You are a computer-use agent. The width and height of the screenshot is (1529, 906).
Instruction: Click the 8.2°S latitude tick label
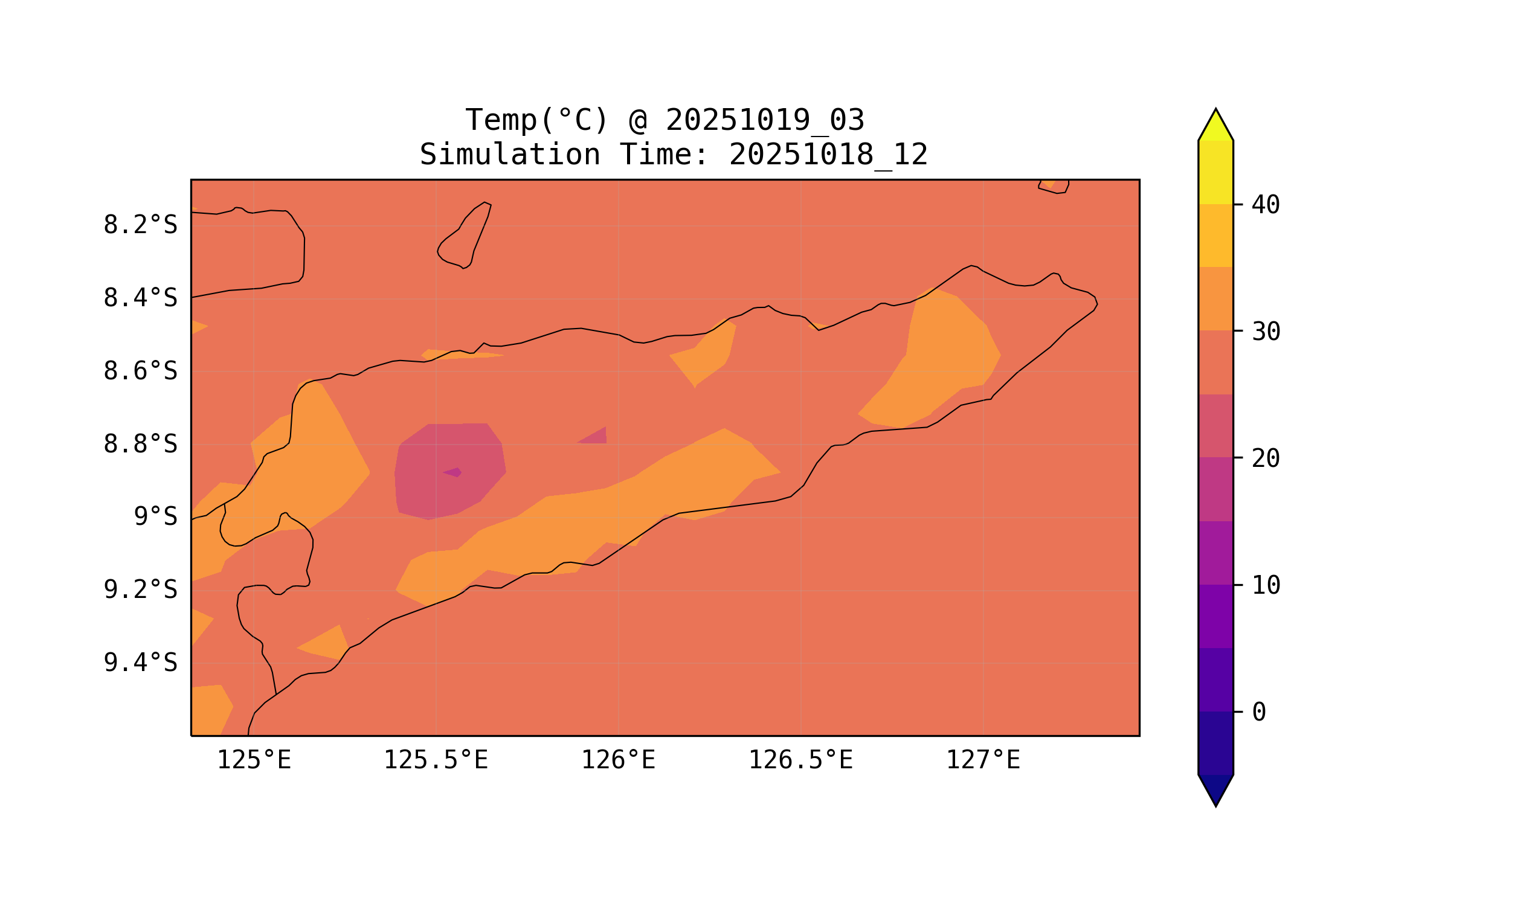(140, 225)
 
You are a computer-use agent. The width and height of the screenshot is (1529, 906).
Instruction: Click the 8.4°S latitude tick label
(140, 298)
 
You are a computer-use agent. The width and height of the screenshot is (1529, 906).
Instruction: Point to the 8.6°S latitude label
(140, 371)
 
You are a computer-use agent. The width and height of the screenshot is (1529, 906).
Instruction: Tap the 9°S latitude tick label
(155, 516)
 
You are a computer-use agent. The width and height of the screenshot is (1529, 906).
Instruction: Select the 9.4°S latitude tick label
(140, 663)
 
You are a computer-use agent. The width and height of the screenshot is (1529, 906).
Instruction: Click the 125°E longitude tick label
(254, 760)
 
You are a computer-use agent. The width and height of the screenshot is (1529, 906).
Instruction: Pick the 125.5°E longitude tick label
(436, 760)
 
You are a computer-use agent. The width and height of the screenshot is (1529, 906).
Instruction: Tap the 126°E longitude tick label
(618, 760)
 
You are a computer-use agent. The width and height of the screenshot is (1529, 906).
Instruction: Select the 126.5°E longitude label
(800, 760)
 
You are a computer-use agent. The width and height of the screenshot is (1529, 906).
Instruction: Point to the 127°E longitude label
(982, 760)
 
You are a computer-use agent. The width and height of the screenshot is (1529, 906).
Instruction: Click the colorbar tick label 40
(1265, 205)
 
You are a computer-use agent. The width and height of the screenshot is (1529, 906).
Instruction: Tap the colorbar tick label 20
(1265, 458)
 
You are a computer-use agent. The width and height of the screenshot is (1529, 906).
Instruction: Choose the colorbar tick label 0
(1259, 712)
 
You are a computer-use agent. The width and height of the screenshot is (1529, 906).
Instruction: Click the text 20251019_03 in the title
(765, 120)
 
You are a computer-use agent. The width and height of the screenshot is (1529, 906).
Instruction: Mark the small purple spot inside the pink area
(452, 472)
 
